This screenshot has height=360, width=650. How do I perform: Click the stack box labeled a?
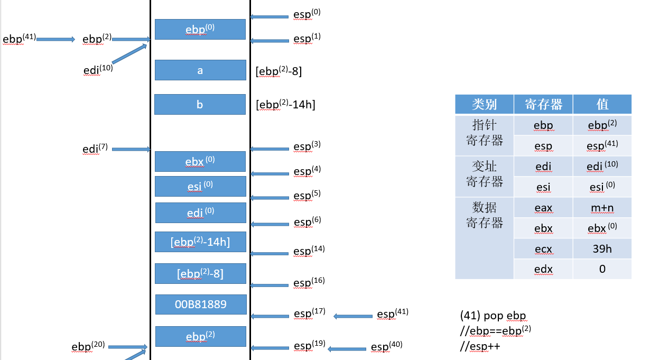pos(200,70)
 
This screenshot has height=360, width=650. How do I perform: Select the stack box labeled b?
pos(200,104)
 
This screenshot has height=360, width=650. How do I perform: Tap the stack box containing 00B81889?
pos(200,304)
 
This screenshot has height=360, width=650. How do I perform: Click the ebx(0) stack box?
pos(200,161)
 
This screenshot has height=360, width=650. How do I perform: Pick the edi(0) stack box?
pos(200,213)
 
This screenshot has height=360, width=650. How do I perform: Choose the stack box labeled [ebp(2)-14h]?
pos(200,242)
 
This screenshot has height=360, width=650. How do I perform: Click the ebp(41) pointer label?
pos(19,39)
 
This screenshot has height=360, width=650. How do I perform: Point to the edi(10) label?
pos(98,69)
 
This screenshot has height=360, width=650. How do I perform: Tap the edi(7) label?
pos(95,149)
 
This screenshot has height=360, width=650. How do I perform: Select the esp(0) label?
pos(307,14)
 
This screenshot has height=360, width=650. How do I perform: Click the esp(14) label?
pos(309,251)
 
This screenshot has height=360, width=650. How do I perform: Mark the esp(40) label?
pos(386,347)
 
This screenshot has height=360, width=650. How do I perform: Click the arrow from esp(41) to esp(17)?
pos(353,316)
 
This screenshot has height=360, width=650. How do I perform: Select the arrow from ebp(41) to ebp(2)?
pos(56,39)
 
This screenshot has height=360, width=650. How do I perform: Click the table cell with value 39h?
pos(602,248)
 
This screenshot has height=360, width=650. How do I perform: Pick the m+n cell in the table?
pos(602,208)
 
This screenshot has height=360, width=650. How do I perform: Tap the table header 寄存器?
pos(543,104)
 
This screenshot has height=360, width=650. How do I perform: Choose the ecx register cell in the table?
pos(543,248)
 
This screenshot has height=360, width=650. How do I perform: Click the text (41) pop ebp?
pos(493,316)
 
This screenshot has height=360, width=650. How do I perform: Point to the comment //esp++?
pos(480,347)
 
